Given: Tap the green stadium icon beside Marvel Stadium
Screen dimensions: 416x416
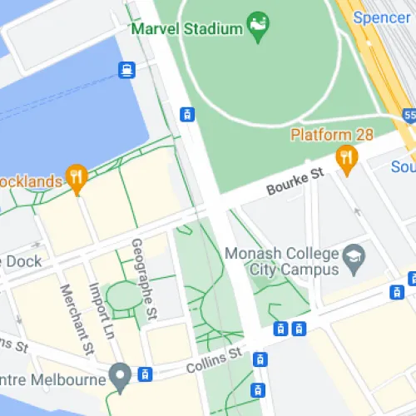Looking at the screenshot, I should pos(259,23).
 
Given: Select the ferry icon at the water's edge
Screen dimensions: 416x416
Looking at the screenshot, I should pos(126,69).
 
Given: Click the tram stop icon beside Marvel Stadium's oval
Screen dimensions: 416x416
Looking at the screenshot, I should pos(187,114).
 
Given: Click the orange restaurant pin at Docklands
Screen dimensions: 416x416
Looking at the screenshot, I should pos(77,176).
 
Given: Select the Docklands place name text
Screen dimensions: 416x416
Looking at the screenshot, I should pos(31,181).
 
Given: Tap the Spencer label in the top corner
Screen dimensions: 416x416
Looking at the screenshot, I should pos(381,17).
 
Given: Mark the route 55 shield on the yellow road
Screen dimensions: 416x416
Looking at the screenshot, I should pos(409,114).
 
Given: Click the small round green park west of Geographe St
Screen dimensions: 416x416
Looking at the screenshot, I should pos(123,297).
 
